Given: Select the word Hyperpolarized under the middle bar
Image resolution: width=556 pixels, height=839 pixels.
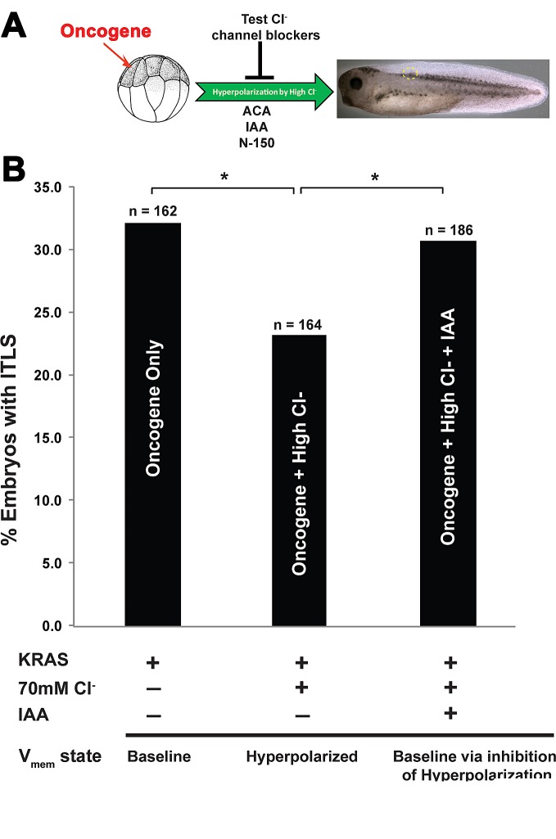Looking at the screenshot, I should coord(301,756).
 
